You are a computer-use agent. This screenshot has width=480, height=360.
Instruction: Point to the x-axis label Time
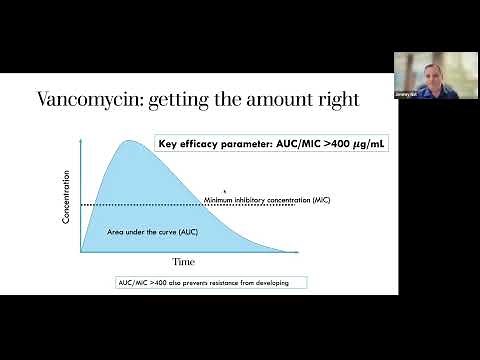182,262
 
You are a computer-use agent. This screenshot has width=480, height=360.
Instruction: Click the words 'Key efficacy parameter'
205,144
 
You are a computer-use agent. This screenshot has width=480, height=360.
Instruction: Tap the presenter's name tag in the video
405,101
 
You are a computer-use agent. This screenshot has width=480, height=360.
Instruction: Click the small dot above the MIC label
224,190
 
